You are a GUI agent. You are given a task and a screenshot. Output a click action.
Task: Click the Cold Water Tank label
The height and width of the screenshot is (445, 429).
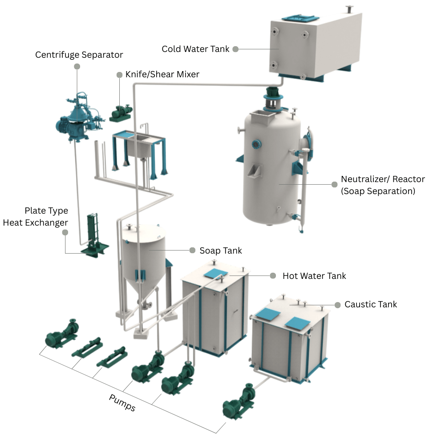click(x=195, y=49)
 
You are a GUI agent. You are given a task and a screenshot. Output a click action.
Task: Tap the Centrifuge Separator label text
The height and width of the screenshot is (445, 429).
click(x=79, y=55)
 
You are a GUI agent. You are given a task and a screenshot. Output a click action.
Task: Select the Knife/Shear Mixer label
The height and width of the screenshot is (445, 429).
click(x=162, y=75)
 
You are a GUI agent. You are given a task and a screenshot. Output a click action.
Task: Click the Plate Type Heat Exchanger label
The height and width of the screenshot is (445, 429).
click(x=35, y=216)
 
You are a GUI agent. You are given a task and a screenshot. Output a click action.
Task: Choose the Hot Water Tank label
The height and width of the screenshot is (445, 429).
click(x=314, y=276)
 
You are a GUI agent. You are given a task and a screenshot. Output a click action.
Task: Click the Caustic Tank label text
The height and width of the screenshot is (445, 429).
click(x=371, y=305)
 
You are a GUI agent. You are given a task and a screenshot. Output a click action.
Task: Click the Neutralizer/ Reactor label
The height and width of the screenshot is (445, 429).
click(x=383, y=185)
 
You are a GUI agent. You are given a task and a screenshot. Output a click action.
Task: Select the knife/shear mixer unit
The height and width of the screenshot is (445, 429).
click(x=121, y=113)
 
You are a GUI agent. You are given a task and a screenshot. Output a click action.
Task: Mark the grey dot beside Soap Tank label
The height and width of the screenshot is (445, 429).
click(x=192, y=250)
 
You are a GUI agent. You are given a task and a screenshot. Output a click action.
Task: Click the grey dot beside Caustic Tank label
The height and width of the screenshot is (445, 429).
click(x=336, y=305)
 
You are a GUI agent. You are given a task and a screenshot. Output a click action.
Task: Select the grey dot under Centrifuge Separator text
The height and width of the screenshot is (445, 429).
click(x=77, y=66)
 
